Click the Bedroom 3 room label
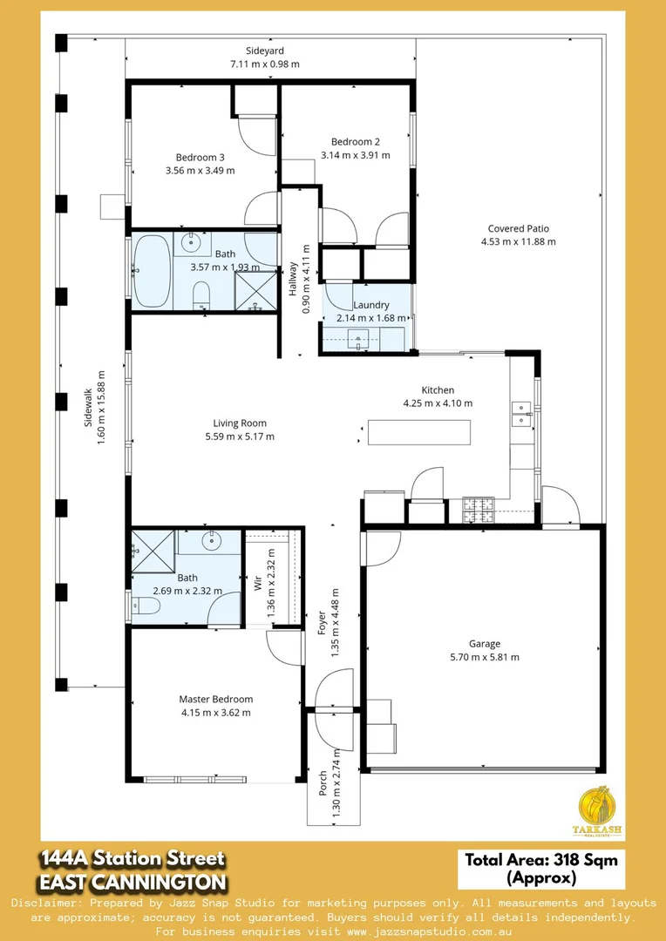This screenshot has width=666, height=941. (200, 157)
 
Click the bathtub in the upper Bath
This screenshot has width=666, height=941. (153, 270)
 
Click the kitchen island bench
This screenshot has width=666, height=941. (419, 432)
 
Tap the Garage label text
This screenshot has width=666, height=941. (485, 644)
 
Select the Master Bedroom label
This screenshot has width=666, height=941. (215, 699)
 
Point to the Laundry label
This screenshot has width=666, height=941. (370, 305)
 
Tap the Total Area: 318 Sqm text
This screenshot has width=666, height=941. (540, 860)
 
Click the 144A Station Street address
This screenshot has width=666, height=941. (132, 859)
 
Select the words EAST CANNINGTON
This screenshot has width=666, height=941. (132, 882)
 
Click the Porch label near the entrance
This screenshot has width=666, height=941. (323, 776)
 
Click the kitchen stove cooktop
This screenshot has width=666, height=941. (478, 510)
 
